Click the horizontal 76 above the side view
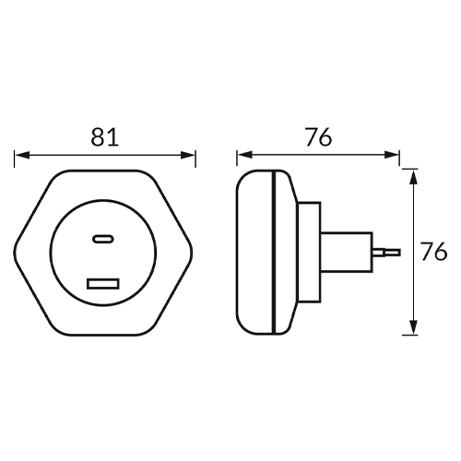318,137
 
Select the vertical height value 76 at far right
434,251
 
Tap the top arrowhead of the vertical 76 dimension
415,176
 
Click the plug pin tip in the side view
395,250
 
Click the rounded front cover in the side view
254,251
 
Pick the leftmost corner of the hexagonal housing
16,251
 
